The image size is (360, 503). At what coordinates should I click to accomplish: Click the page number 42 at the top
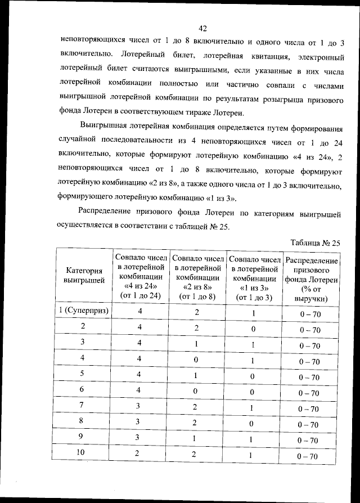203,29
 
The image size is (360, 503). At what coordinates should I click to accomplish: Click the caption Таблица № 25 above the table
316,243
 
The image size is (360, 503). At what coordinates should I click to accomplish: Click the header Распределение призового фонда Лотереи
311,279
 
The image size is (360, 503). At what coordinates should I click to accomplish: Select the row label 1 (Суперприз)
84,311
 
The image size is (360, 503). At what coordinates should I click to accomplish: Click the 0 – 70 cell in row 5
310,377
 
